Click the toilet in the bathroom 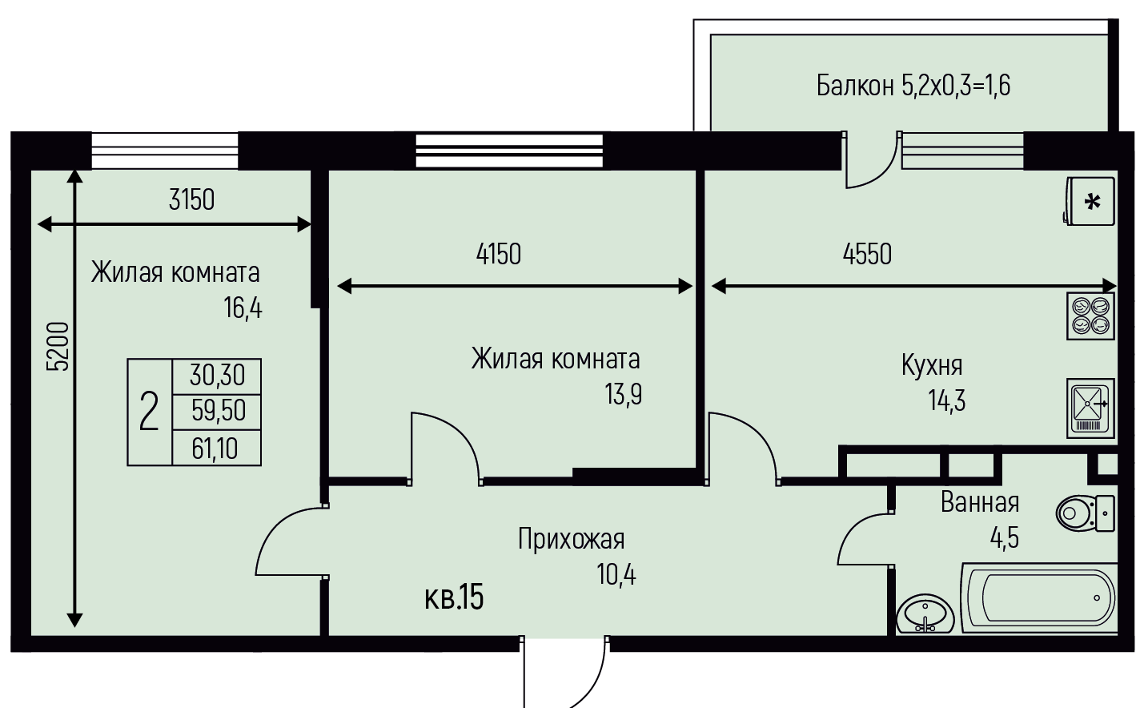point(1085,513)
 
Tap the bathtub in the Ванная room point(1040,598)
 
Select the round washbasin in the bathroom point(925,613)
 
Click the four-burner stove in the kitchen point(1090,316)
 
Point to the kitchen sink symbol point(1090,408)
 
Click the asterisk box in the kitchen point(1090,201)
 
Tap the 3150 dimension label point(191,199)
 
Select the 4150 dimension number point(499,254)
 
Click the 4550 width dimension point(867,254)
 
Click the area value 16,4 point(243,308)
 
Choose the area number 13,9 point(623,394)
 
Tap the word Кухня point(932,365)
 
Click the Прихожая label point(571,539)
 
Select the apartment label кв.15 point(454,597)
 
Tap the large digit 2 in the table point(149,411)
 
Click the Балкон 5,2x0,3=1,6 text point(913,86)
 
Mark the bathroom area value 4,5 point(1005,538)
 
